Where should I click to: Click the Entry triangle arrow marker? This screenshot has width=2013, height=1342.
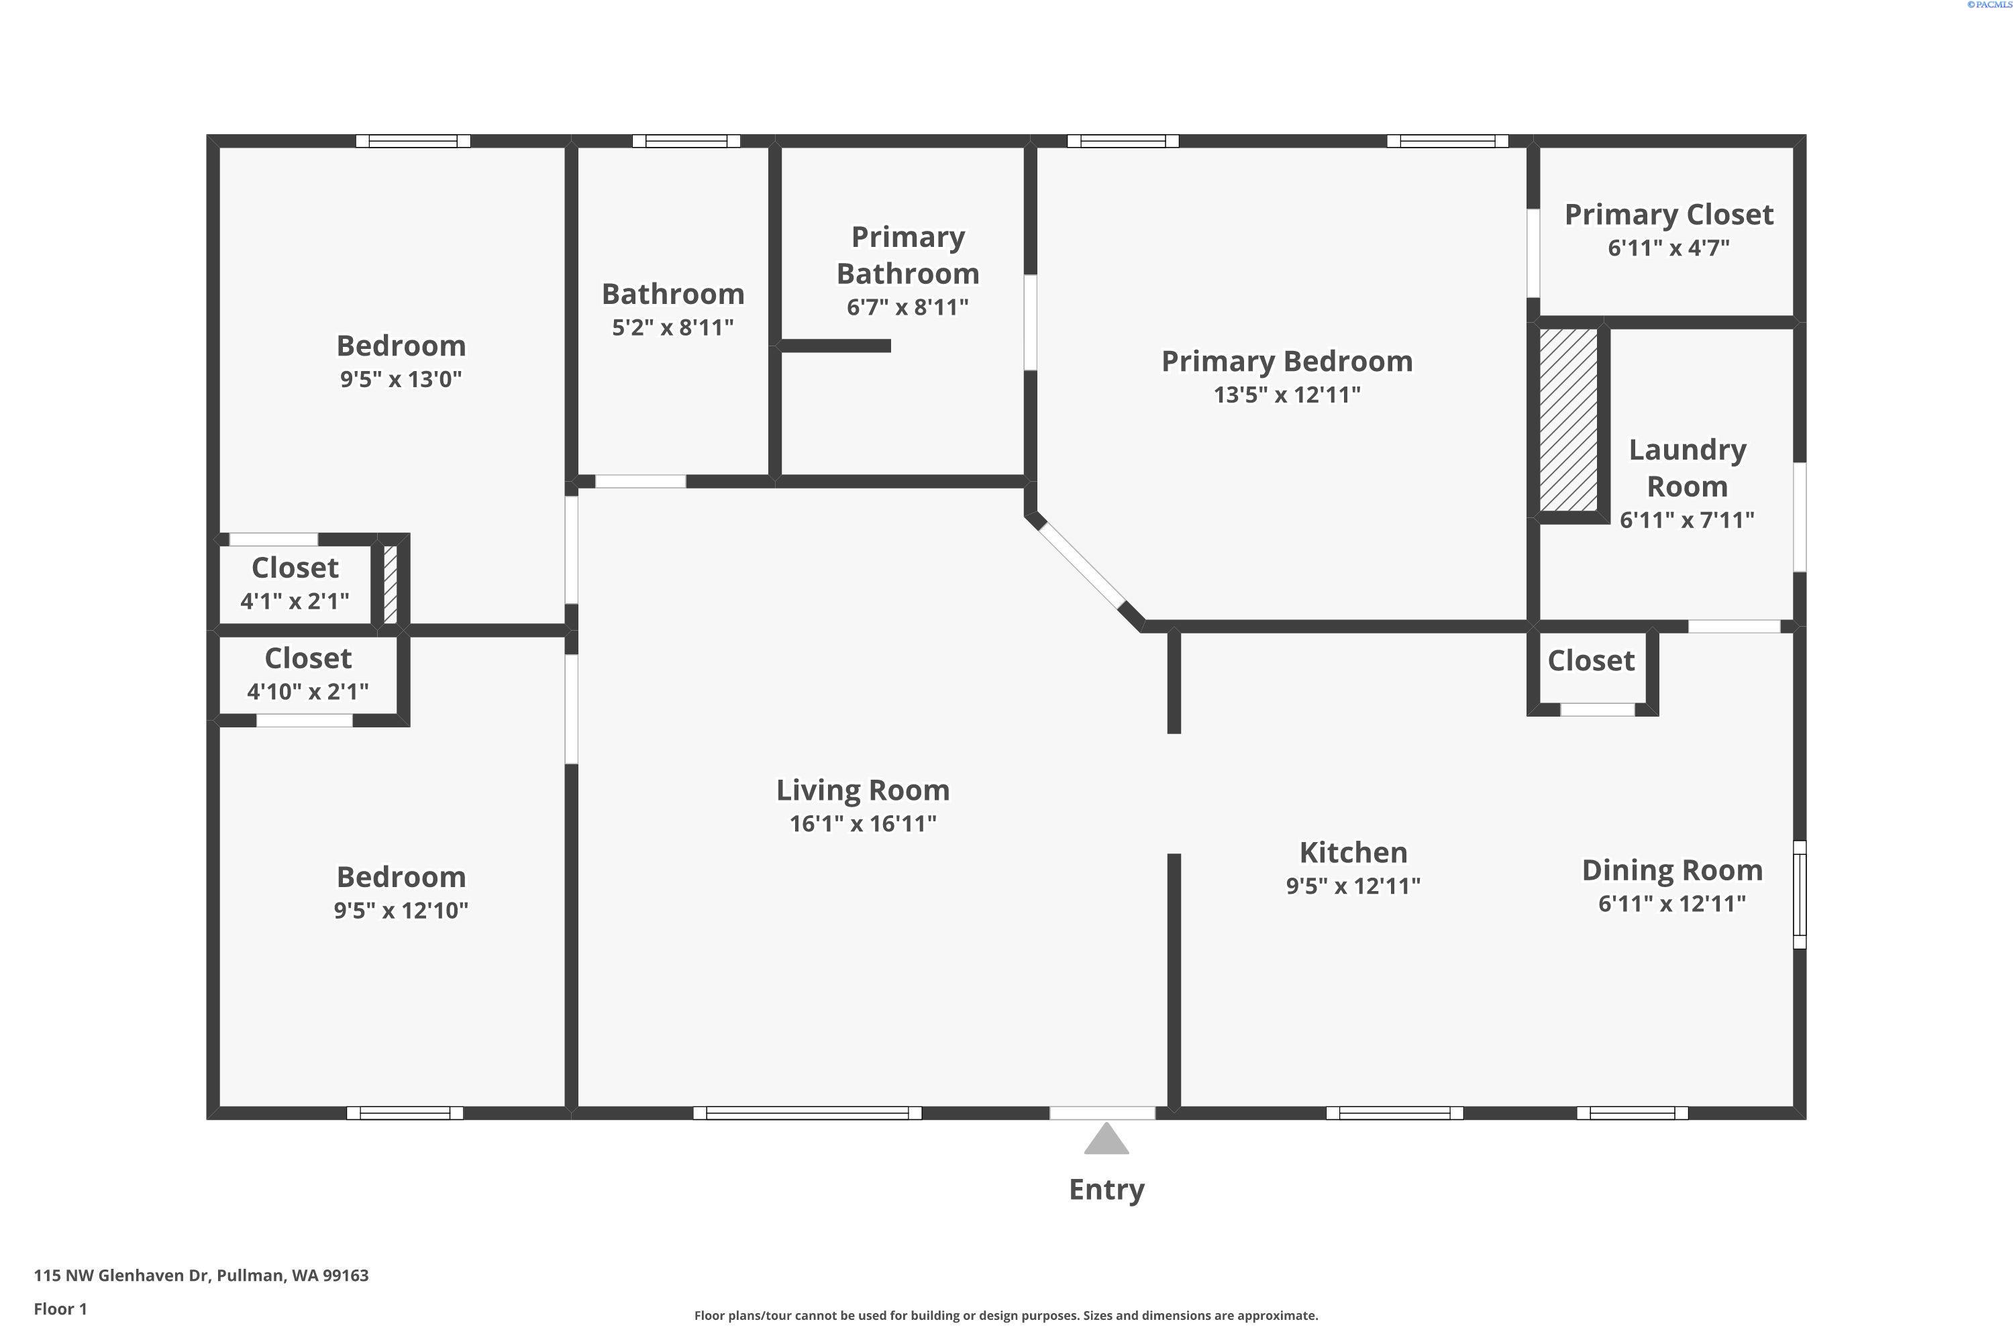1106,1139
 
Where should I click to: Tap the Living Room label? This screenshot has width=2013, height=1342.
863,790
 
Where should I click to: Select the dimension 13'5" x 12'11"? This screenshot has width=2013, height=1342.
1286,395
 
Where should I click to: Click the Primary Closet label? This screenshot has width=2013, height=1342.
1668,215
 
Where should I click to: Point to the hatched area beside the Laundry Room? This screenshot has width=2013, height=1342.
1568,420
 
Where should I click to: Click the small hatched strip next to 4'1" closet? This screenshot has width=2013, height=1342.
391,584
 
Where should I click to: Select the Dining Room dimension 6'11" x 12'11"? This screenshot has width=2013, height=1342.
1671,904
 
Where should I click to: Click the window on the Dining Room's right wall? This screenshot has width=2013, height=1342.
1799,894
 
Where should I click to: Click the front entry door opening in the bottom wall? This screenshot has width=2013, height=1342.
1102,1113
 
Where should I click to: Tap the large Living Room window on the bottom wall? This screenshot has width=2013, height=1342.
807,1113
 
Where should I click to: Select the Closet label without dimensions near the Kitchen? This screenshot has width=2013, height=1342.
1590,661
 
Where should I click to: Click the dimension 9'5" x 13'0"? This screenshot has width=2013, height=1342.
401,379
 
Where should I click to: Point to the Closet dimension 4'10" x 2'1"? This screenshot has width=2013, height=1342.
307,692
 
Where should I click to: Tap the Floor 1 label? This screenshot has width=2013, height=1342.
60,1308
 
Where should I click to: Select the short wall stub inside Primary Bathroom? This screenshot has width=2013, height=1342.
835,346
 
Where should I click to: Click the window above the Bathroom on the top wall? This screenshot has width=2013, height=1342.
686,141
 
